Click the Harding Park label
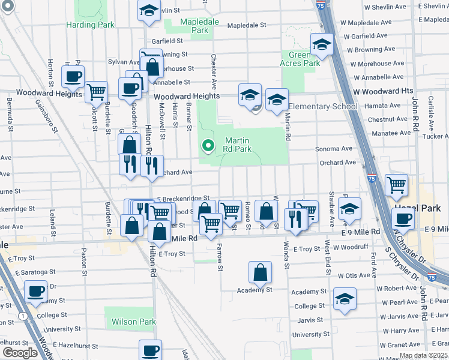(x=90, y=25)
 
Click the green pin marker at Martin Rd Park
(x=208, y=146)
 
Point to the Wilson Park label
(x=133, y=322)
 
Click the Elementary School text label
(x=322, y=107)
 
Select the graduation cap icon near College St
(x=345, y=298)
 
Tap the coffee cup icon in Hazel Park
(x=403, y=218)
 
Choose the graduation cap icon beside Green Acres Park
(x=322, y=44)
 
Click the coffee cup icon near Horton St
(x=73, y=76)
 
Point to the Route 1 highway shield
(x=22, y=316)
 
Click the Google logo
(x=20, y=353)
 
